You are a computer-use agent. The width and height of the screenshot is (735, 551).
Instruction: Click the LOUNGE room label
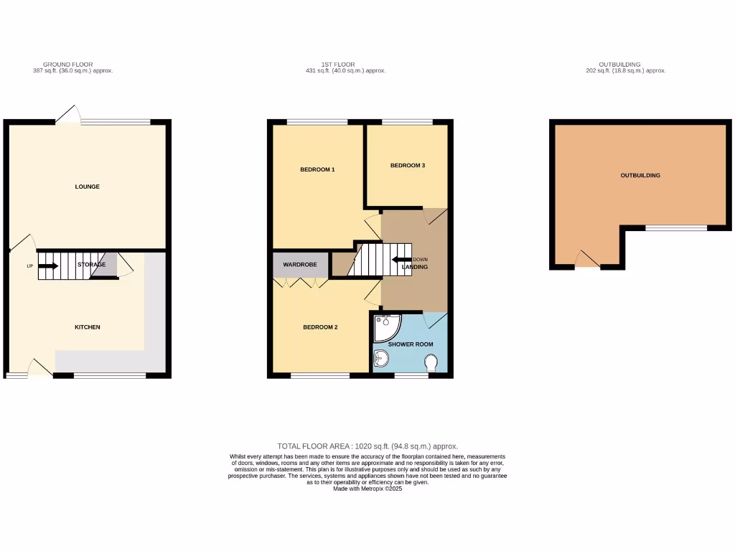coord(88,187)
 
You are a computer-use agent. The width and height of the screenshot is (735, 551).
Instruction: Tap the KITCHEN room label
coord(88,327)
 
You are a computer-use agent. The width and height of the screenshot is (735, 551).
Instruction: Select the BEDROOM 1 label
coord(317,169)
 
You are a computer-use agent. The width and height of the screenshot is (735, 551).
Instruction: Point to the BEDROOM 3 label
coord(408,165)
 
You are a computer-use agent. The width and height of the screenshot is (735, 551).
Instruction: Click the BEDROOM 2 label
coord(320,327)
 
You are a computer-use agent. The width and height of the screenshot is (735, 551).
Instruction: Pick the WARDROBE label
coord(300,265)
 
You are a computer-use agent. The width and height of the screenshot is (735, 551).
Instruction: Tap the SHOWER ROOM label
coord(411,344)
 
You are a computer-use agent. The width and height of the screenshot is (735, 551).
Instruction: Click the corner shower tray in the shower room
coord(386,326)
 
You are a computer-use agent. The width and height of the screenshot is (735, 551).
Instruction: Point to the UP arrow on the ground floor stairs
coord(47,265)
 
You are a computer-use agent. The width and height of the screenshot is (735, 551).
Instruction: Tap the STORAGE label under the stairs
coord(92,265)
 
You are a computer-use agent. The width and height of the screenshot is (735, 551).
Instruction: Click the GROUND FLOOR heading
coord(67,65)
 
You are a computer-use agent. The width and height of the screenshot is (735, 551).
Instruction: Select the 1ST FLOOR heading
coord(339,65)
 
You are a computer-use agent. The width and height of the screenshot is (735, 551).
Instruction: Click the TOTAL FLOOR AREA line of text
coord(367,446)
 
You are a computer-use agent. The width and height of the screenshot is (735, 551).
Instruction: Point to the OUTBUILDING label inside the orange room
coord(640,175)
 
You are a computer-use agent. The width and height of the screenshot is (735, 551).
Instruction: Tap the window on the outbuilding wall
coord(675,228)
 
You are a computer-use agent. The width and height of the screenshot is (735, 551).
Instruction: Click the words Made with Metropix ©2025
coord(367,489)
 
